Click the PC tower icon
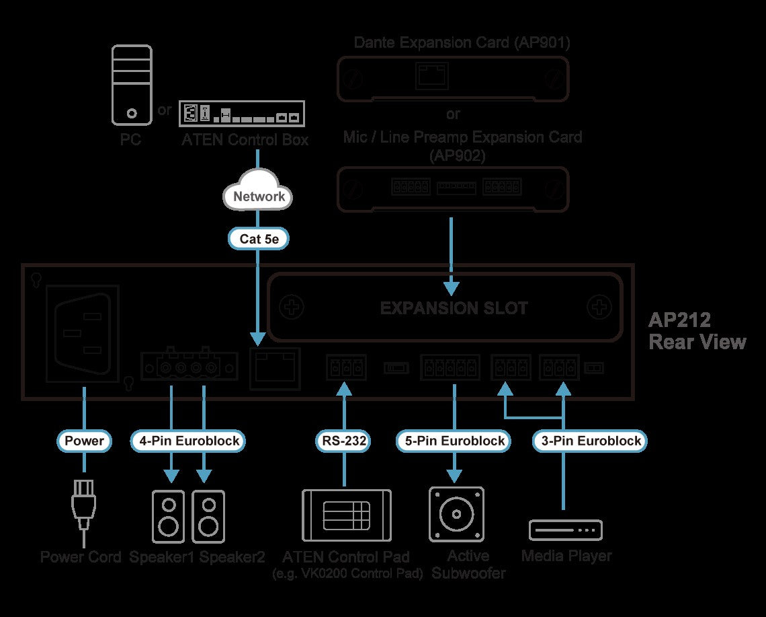point(132,85)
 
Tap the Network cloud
point(258,191)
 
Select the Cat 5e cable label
point(259,239)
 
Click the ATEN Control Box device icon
point(242,114)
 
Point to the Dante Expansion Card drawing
point(453,79)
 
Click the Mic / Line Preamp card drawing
point(453,189)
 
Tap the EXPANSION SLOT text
point(454,307)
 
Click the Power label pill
point(84,441)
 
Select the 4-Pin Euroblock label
point(189,441)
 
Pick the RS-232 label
point(344,441)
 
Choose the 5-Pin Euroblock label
point(454,441)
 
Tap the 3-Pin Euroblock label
point(591,441)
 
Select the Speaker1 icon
point(169,517)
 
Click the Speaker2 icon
point(208,517)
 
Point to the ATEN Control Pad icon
point(347,515)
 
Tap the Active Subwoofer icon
point(456,514)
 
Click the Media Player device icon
point(566,530)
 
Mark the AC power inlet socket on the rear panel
point(83,334)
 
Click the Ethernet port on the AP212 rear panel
point(275,369)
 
